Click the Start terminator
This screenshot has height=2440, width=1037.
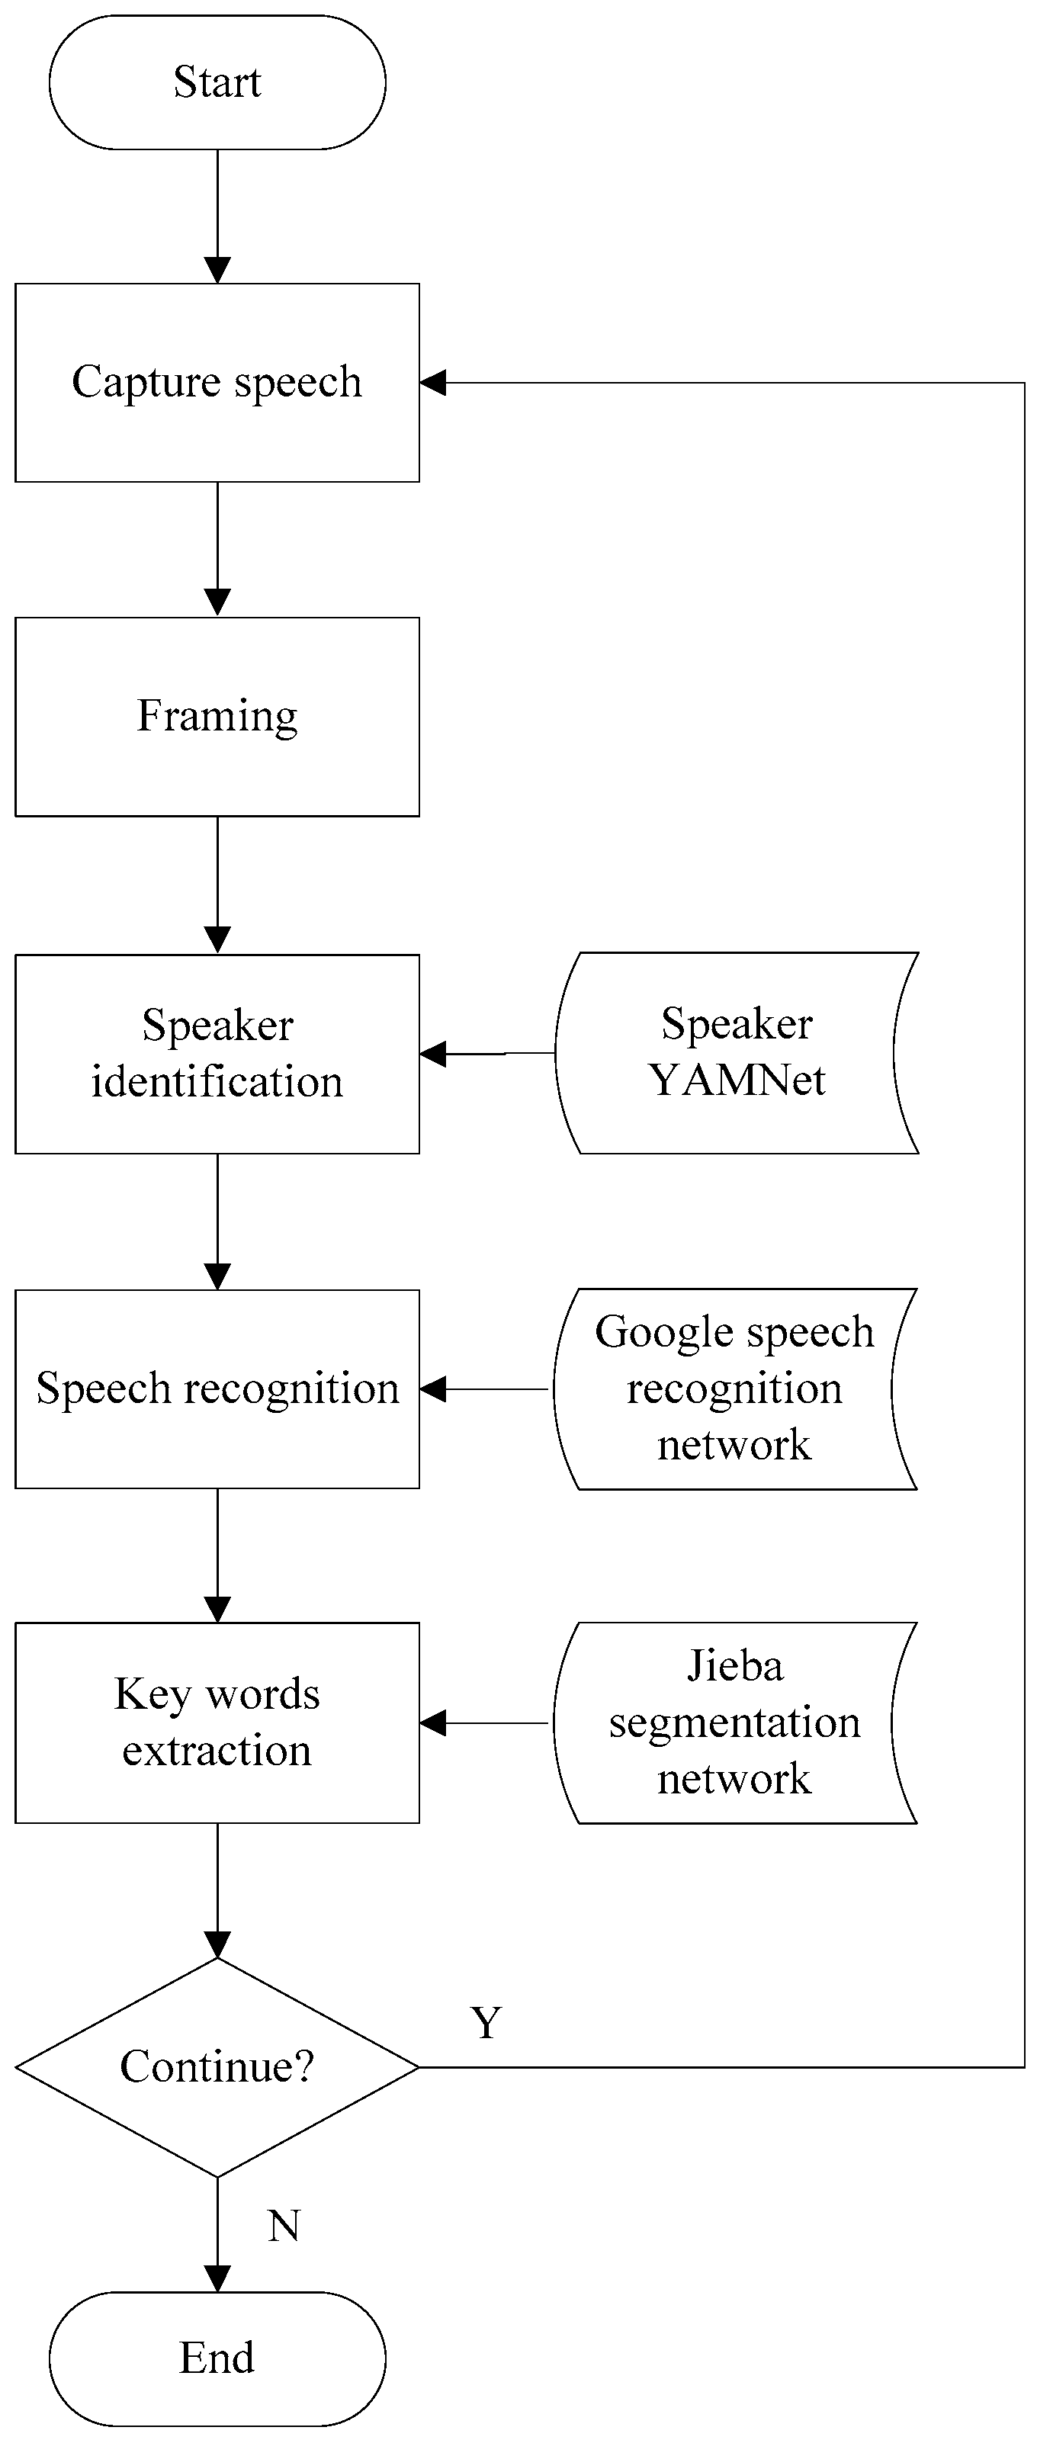tap(217, 82)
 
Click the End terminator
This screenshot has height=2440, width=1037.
tap(217, 2357)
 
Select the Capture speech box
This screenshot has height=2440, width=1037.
tap(217, 383)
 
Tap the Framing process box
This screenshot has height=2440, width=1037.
tap(217, 716)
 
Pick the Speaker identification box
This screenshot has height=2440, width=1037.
tap(217, 1053)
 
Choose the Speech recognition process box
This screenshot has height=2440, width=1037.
tap(217, 1389)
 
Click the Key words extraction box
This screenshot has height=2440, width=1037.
tap(217, 1722)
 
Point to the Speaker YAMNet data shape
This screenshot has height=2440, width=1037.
tap(736, 1052)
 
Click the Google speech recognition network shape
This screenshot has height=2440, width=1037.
tap(734, 1389)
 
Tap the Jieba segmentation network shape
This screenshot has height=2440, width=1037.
tap(734, 1722)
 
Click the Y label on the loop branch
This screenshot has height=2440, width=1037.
tap(486, 2023)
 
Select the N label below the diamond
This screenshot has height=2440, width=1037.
tap(283, 2226)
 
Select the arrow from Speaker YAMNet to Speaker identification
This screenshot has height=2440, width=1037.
tap(488, 1053)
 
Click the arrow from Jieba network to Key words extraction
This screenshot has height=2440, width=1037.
tap(485, 1723)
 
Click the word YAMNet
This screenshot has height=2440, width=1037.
tap(737, 1080)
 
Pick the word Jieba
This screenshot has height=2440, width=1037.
tap(735, 1666)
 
